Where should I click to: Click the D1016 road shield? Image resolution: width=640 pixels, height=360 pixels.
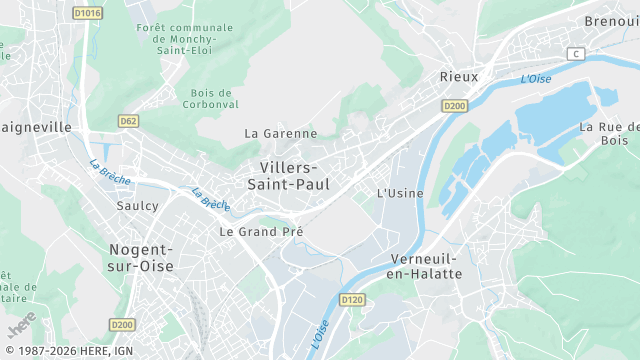[x=88, y=13]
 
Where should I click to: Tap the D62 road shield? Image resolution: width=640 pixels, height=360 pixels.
[x=128, y=121]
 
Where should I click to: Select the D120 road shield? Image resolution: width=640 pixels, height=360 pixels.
[x=352, y=299]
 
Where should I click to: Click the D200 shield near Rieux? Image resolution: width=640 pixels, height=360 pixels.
[x=455, y=105]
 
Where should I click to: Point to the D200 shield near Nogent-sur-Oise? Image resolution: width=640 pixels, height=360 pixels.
[x=122, y=324]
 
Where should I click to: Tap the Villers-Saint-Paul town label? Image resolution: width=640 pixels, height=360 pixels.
[x=288, y=175]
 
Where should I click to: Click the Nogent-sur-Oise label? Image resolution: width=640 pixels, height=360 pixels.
[x=141, y=257]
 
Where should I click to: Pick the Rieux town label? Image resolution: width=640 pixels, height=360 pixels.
[x=459, y=76]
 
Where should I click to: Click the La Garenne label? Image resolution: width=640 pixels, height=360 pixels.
[x=281, y=133]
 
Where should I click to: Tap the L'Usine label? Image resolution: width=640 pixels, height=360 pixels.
[x=400, y=193]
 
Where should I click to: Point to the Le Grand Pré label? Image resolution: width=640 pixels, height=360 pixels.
[x=261, y=231]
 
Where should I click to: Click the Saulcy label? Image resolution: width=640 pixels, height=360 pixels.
[x=137, y=205]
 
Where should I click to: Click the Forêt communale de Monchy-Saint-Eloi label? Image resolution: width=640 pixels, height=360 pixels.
[x=184, y=39]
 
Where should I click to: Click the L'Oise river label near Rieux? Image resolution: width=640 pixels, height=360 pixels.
[x=536, y=78]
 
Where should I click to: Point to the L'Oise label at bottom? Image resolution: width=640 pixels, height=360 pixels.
[x=319, y=334]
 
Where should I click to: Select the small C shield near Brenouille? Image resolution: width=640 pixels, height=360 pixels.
[x=575, y=52]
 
